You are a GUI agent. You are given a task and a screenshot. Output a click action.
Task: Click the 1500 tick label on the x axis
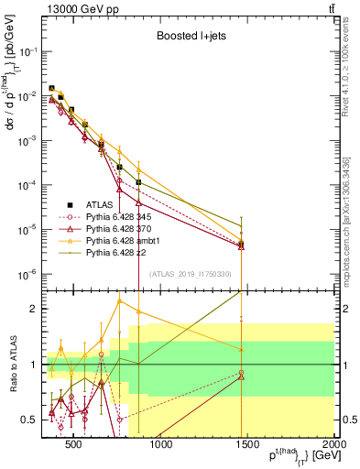tap(247, 445)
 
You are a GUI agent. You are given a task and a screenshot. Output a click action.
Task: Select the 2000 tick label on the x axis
tap(333, 445)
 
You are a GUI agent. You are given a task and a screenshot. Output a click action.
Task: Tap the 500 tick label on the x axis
tap(75, 445)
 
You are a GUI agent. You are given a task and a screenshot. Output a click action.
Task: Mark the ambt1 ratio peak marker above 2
tap(119, 300)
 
